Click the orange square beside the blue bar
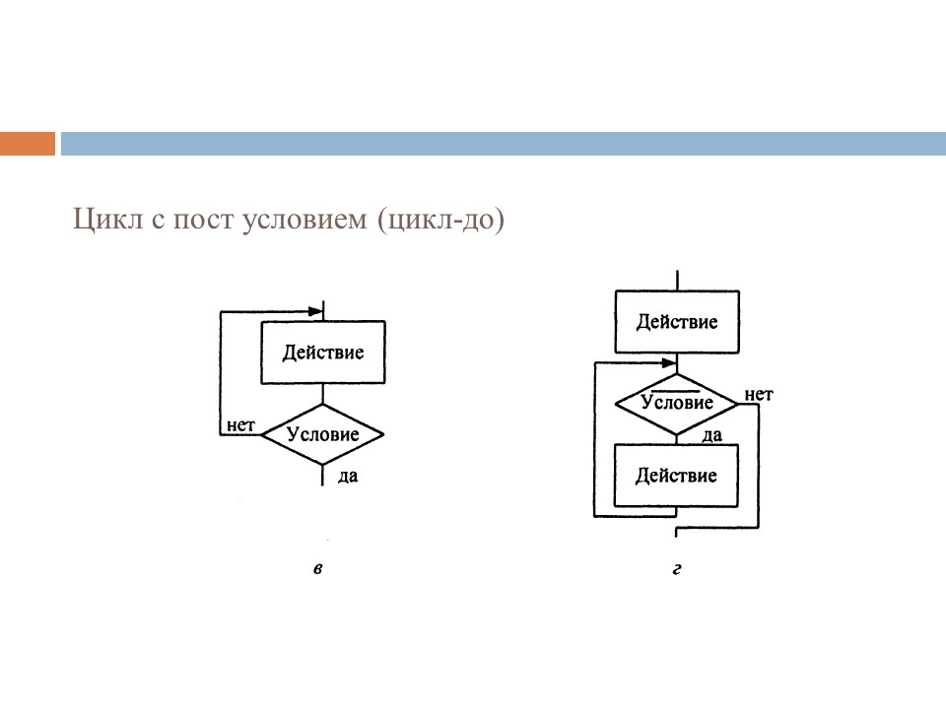pos(28,144)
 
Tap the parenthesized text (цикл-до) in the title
pos(439,219)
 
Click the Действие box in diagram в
pos(322,352)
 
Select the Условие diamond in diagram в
pos(322,433)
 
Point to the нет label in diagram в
pos(240,426)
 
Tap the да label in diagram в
pos(347,477)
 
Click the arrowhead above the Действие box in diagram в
pos(315,311)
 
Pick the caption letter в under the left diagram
pos(317,569)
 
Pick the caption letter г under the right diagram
pos(677,569)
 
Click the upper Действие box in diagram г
pos(676,322)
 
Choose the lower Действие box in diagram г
pos(676,476)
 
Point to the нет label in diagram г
pos(758,395)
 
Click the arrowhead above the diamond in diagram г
pos(670,363)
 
